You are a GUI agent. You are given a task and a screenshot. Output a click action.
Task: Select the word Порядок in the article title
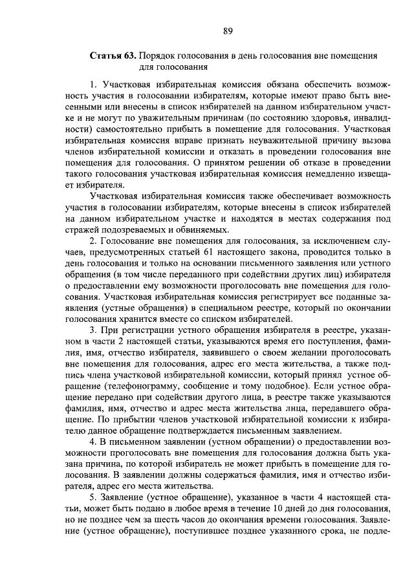157,56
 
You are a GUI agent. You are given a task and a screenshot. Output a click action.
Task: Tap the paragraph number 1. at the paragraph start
94,84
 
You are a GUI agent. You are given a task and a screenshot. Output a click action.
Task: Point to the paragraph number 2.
94,241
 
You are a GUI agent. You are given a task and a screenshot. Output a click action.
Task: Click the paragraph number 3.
94,329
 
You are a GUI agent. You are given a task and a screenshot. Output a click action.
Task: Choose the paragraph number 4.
94,440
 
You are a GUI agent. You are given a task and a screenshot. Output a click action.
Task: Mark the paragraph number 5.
94,496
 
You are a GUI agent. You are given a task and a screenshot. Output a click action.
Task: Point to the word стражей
85,229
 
